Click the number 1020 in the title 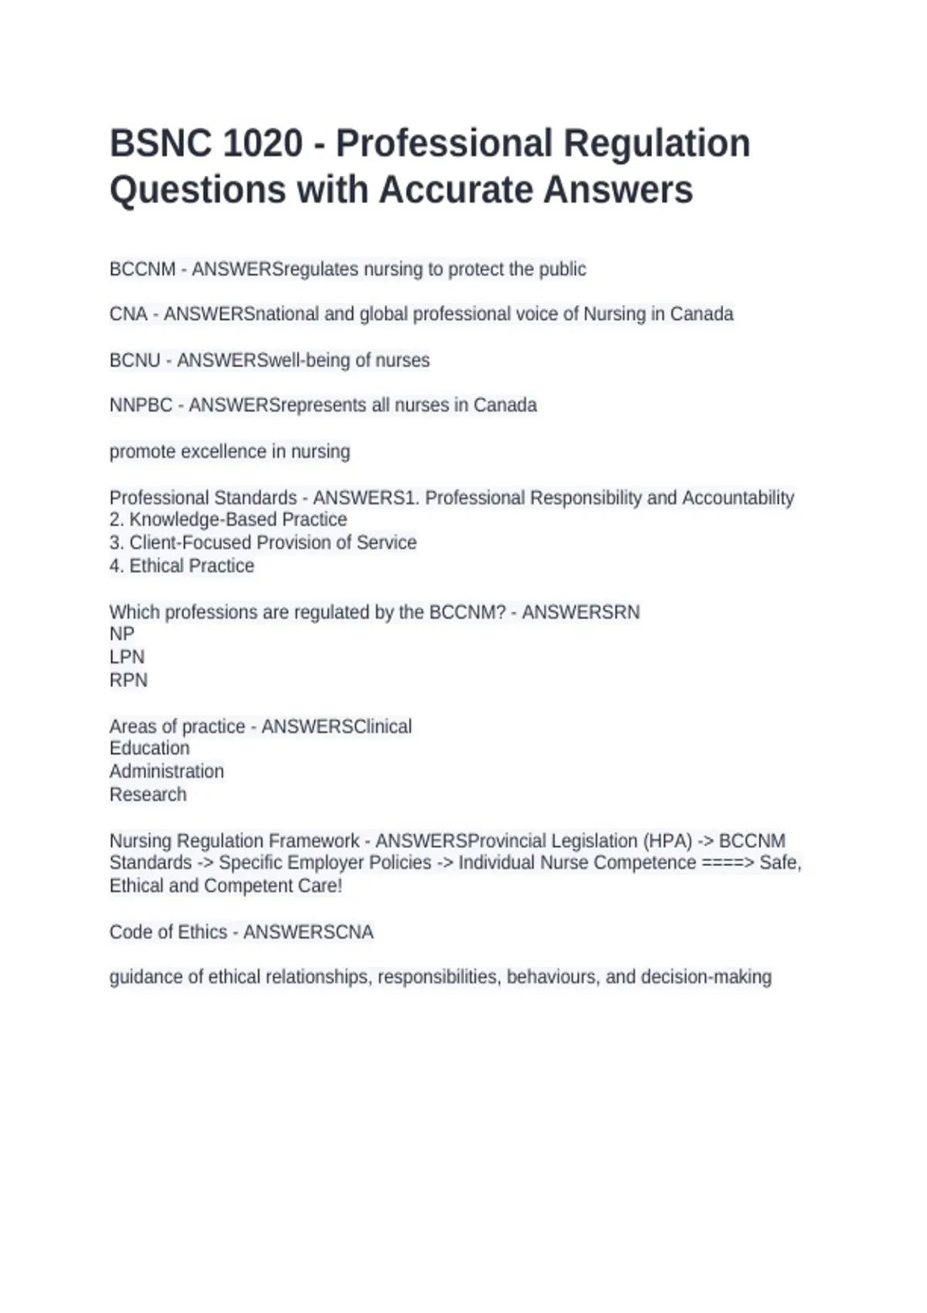(x=262, y=144)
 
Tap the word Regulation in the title (x=657, y=144)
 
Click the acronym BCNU (x=135, y=361)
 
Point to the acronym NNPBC (x=141, y=405)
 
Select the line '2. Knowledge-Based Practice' (x=228, y=520)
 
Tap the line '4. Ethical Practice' (x=182, y=566)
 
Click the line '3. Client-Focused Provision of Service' (x=263, y=543)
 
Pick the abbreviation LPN (x=127, y=657)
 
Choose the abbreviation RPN (x=128, y=680)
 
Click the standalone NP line (x=122, y=634)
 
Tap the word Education (x=149, y=748)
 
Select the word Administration (x=167, y=772)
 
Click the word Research (x=148, y=795)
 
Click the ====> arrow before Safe (x=728, y=863)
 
